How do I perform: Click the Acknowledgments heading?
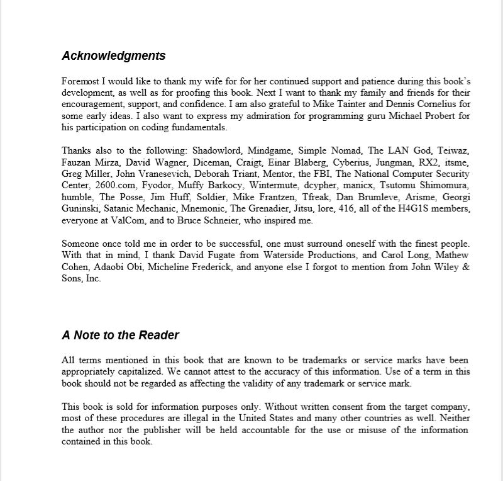pyautogui.click(x=114, y=55)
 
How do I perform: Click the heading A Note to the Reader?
pyautogui.click(x=121, y=335)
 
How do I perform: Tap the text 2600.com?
pyautogui.click(x=114, y=186)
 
